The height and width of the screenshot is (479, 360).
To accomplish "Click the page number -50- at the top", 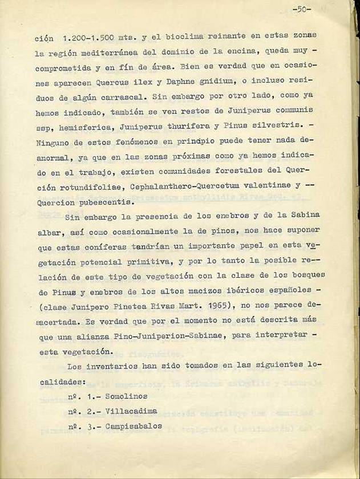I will [x=301, y=9].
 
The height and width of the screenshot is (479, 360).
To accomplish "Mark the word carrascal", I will [x=127, y=98].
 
